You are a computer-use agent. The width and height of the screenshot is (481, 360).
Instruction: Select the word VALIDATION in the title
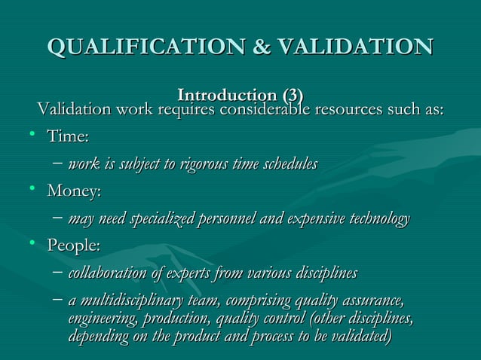(355, 45)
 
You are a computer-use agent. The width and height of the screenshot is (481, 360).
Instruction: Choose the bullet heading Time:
(68, 137)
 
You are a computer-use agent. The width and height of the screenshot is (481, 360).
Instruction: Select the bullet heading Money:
(74, 191)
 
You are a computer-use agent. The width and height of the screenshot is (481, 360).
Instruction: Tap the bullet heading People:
(73, 246)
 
